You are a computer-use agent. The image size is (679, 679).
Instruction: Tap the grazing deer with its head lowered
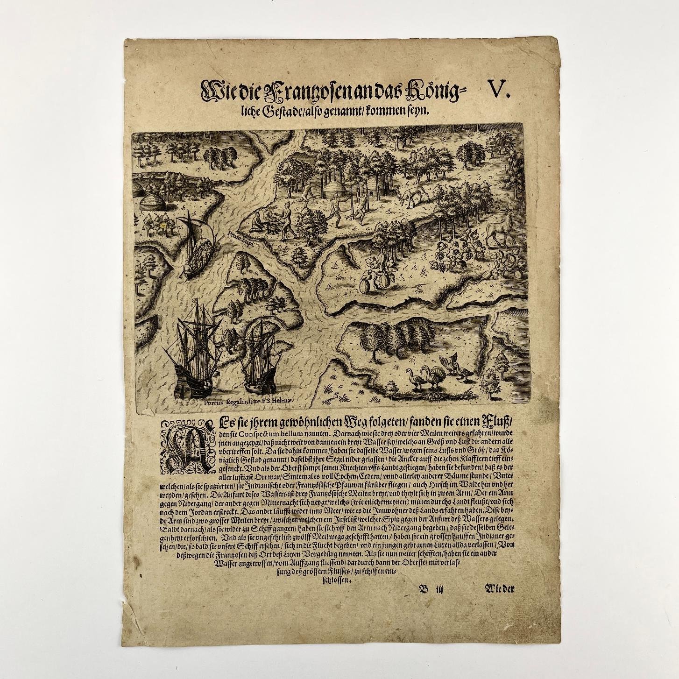pos(411,196)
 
